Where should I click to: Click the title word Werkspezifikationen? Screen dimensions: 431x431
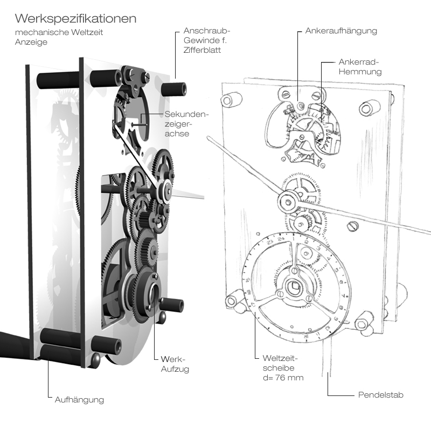pyautogui.click(x=75, y=18)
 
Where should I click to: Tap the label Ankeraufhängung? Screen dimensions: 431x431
pyautogui.click(x=340, y=31)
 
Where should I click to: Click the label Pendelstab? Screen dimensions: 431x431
pyautogui.click(x=380, y=395)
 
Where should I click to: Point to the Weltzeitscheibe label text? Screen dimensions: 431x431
pyautogui.click(x=280, y=363)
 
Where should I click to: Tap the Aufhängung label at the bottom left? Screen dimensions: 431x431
pyautogui.click(x=79, y=400)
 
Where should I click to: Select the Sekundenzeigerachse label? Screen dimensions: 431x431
pyautogui.click(x=186, y=123)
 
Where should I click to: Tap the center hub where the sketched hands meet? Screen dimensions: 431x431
pyautogui.click(x=287, y=202)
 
